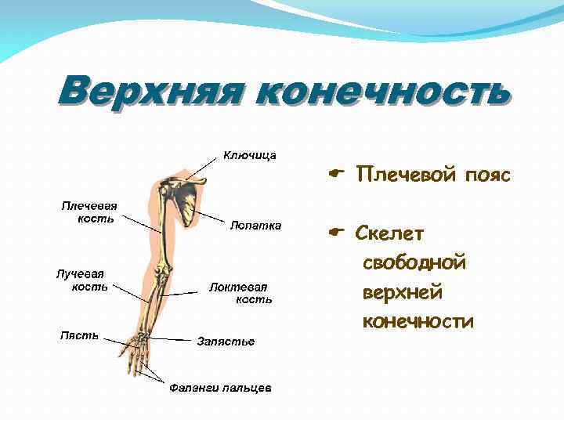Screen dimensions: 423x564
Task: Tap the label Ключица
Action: pos(250,155)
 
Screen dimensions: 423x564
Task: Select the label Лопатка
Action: pos(255,226)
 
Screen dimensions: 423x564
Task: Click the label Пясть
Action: pos(80,335)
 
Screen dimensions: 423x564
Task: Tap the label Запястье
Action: pos(226,342)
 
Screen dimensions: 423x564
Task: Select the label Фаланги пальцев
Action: pos(221,389)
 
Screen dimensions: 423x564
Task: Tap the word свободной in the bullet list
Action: pos(414,262)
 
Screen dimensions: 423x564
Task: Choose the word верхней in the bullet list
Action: pos(403,292)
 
